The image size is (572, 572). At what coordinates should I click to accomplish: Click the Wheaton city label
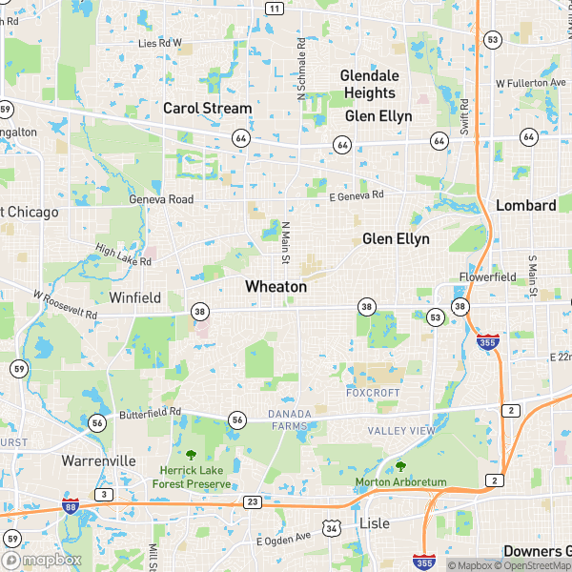click(x=276, y=286)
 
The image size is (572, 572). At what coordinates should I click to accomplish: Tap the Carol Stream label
click(x=207, y=109)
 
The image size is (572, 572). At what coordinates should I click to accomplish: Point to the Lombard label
click(x=526, y=205)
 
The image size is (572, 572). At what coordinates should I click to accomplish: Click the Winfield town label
click(x=134, y=297)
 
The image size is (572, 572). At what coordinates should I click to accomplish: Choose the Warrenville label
click(x=98, y=460)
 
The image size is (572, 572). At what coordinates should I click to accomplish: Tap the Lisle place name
click(x=375, y=523)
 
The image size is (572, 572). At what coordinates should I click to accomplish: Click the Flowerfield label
click(x=486, y=277)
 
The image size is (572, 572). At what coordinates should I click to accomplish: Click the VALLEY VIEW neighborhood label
click(x=401, y=431)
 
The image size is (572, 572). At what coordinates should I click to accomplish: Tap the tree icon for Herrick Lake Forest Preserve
click(x=191, y=455)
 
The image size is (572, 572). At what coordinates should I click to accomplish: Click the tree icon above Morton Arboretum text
click(x=400, y=466)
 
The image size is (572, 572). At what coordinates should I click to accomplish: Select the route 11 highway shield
click(x=275, y=9)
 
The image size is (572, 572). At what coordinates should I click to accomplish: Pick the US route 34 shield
click(x=331, y=527)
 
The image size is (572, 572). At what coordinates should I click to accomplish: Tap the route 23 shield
click(x=253, y=501)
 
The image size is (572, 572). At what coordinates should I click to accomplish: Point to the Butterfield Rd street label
click(x=150, y=413)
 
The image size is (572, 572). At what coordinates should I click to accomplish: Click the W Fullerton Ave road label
click(x=531, y=84)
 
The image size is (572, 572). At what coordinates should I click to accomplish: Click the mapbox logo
click(x=41, y=561)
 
